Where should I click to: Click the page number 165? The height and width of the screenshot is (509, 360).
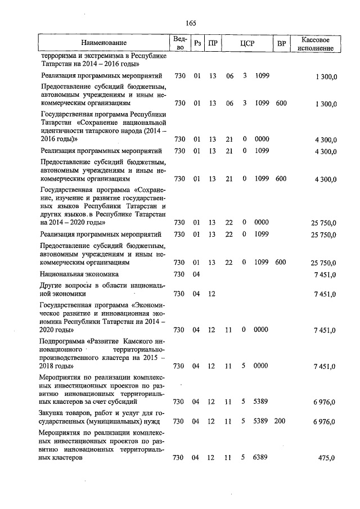(x=190, y=23)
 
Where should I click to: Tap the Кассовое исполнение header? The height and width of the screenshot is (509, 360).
(x=318, y=43)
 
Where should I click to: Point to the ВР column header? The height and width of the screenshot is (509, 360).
(x=281, y=43)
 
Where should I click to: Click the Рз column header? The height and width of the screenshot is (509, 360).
(x=197, y=43)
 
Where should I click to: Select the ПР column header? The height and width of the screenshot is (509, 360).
(x=213, y=43)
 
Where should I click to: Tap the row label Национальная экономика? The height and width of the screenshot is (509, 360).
(x=79, y=274)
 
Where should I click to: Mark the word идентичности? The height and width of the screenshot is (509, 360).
(x=63, y=130)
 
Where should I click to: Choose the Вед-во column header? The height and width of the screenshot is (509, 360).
(x=179, y=43)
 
